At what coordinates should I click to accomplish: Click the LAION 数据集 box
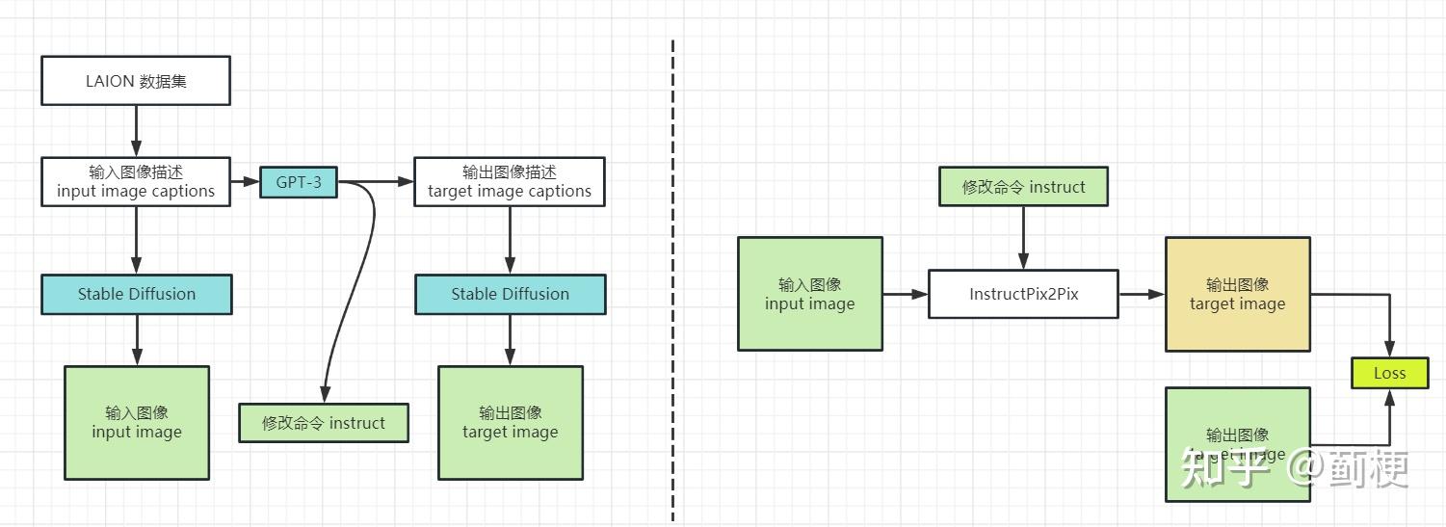(136, 81)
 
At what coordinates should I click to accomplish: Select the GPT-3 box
(299, 182)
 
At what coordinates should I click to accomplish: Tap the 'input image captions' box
(136, 181)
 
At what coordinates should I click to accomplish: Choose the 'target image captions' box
(510, 181)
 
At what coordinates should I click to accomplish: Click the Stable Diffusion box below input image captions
(136, 294)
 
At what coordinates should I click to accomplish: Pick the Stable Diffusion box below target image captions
(510, 294)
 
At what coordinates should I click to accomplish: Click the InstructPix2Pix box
(1023, 294)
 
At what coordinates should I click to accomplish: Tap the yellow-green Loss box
(1389, 373)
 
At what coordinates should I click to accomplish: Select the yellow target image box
(1237, 294)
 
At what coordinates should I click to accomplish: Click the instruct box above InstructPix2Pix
(1023, 187)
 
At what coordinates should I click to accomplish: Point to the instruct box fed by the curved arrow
(324, 423)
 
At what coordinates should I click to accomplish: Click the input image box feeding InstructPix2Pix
(809, 294)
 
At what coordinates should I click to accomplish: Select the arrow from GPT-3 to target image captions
(376, 181)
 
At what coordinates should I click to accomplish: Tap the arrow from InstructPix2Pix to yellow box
(1142, 294)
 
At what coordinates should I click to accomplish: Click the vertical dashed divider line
(672, 279)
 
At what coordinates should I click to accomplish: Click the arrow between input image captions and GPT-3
(246, 181)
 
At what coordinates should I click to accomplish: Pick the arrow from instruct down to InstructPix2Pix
(1023, 237)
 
